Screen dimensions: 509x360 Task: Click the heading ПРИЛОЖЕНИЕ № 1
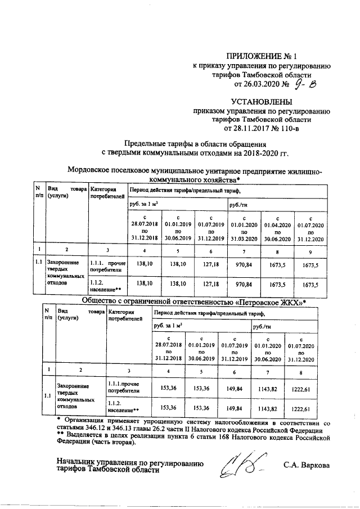coord(262,55)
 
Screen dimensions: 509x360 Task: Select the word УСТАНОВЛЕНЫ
coord(262,102)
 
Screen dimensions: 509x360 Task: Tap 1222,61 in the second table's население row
coord(300,408)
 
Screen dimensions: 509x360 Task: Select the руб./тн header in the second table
coord(262,326)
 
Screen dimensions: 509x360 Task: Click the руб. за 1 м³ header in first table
coord(144,204)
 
